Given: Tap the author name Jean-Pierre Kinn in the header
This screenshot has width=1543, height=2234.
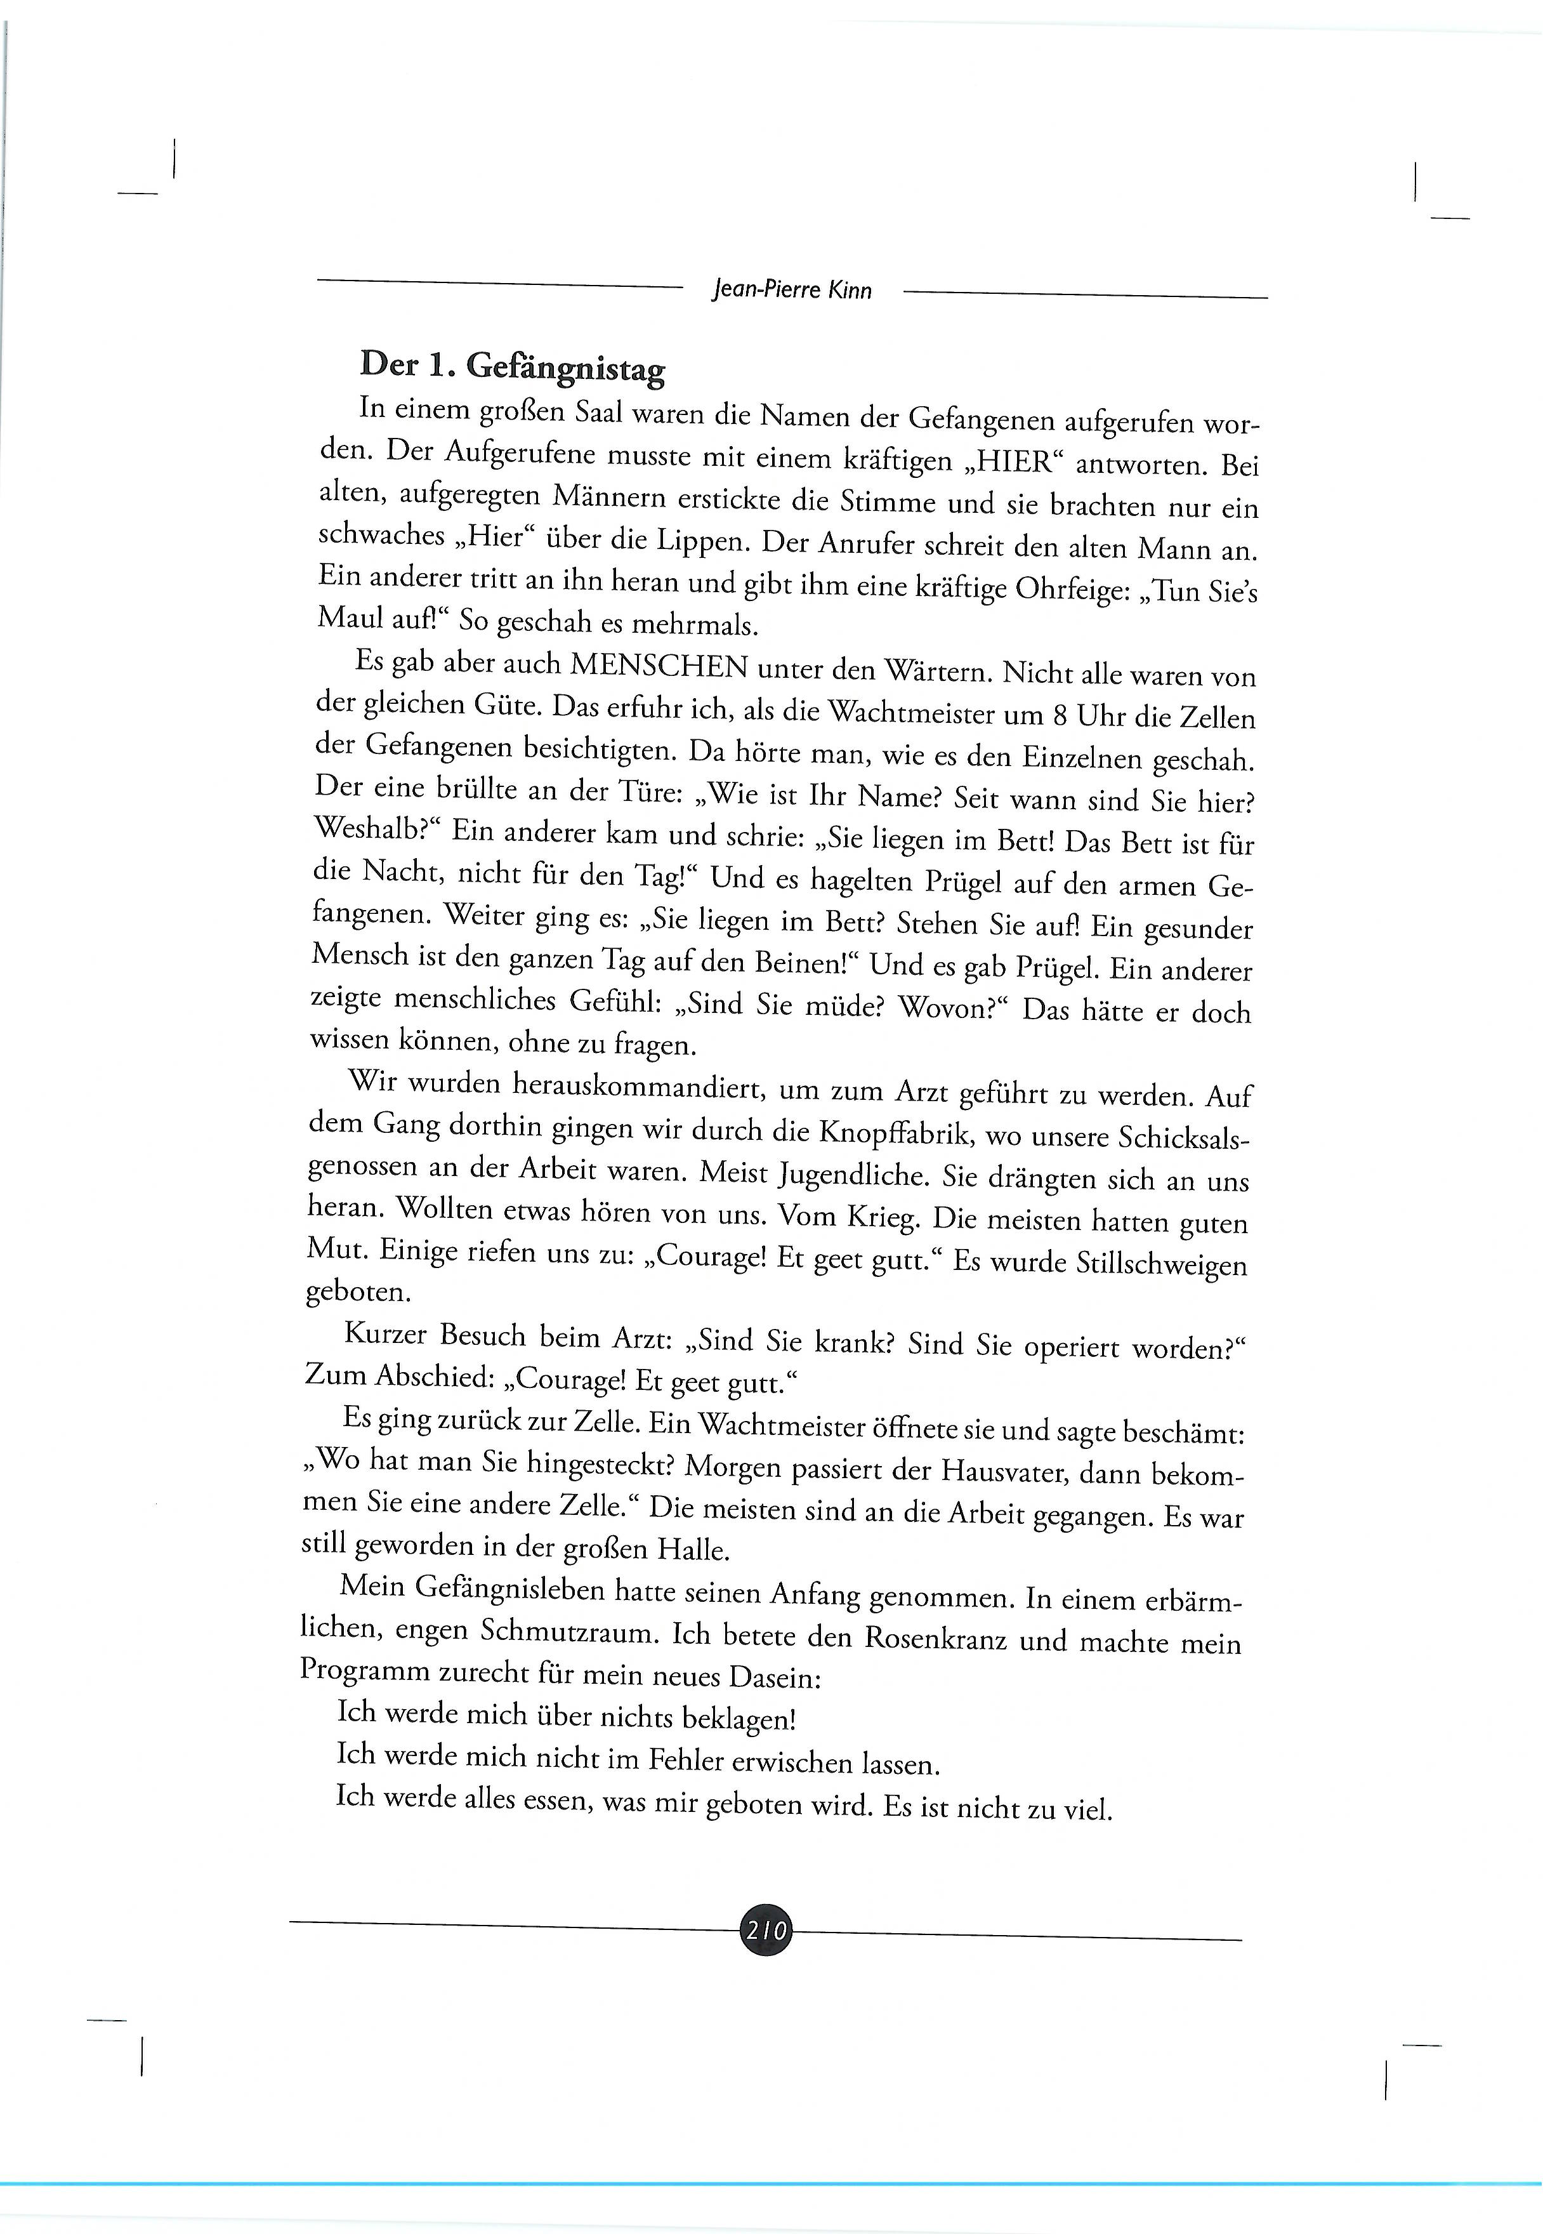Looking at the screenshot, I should [791, 289].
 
